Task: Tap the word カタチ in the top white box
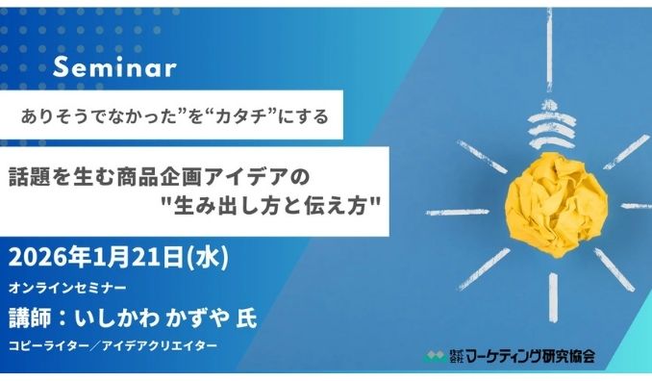pos(228,117)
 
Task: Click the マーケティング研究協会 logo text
pos(530,356)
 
